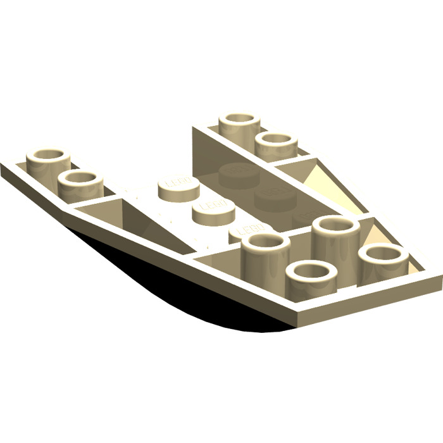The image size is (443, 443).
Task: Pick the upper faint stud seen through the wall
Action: tap(235, 170)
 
